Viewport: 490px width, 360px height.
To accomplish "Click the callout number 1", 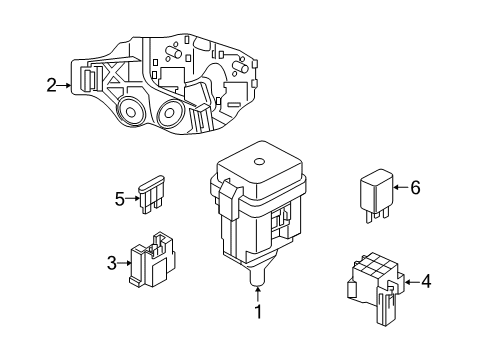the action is click(258, 311).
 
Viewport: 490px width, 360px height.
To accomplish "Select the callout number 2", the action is click(51, 85).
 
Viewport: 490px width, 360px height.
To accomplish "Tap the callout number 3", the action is click(112, 263).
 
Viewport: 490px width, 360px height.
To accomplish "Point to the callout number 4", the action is click(426, 282).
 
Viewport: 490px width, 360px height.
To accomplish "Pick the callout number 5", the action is click(120, 199).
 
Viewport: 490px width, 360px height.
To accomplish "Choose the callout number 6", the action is click(415, 187).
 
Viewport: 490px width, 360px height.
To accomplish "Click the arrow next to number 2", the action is click(64, 85).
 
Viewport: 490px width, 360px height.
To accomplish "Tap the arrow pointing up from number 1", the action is click(258, 295).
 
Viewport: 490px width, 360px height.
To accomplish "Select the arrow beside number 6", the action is click(401, 187).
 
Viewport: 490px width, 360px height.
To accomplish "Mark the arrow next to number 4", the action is click(412, 282).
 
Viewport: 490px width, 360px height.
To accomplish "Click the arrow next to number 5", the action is click(132, 199).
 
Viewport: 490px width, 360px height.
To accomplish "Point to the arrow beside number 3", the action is click(125, 263).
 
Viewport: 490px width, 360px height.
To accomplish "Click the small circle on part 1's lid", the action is click(259, 162).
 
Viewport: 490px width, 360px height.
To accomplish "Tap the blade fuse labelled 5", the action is click(151, 194).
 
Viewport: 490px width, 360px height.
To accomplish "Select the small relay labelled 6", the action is click(376, 195).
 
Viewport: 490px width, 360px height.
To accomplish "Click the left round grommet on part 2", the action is click(131, 111).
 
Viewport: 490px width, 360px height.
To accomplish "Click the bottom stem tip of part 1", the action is click(258, 283).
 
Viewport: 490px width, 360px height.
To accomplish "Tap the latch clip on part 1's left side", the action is click(229, 199).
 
